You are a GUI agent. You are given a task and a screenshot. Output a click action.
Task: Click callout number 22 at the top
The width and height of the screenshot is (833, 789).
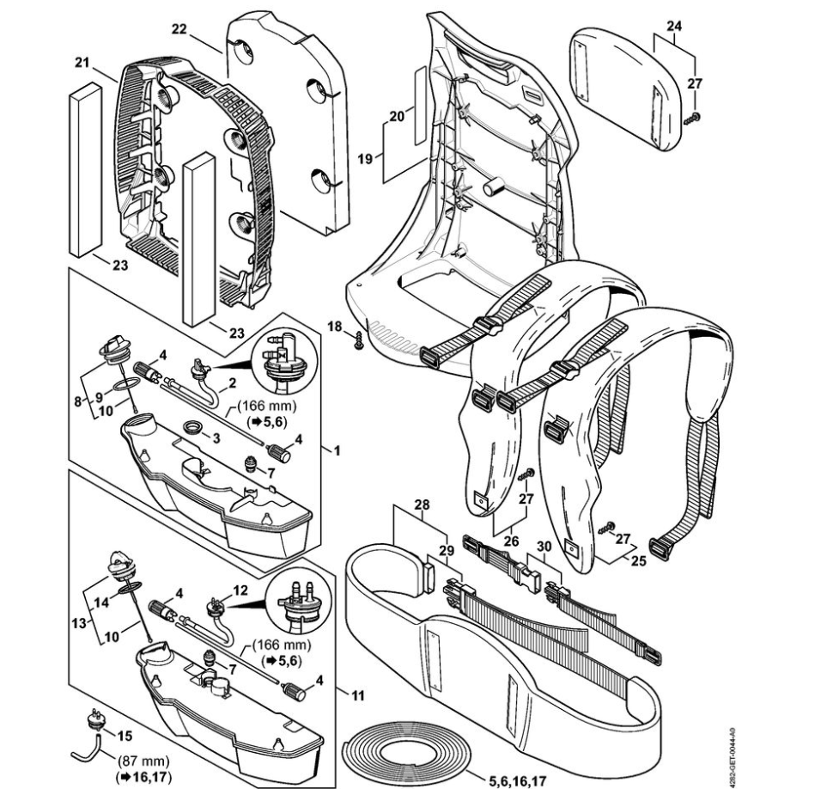(179, 28)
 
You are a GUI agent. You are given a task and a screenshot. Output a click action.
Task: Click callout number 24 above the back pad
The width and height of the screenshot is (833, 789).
(673, 26)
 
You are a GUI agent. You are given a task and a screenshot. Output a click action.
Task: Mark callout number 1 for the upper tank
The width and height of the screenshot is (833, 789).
(337, 450)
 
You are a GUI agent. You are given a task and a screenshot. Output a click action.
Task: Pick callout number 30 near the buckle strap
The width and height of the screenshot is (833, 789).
(543, 547)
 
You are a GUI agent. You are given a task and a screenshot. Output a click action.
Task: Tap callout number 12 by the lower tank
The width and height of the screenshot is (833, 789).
(240, 591)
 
